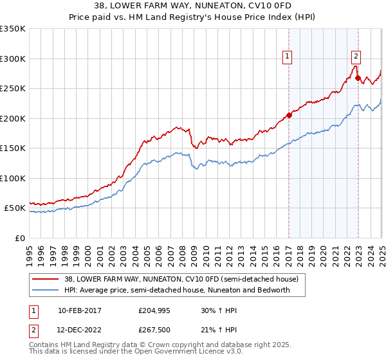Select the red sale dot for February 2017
coord(289,116)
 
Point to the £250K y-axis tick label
coord(13,89)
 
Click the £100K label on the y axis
coord(13,178)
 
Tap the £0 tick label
coord(19,238)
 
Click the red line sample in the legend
coord(46,280)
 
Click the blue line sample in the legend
coord(46,290)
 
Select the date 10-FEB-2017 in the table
coord(80,310)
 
